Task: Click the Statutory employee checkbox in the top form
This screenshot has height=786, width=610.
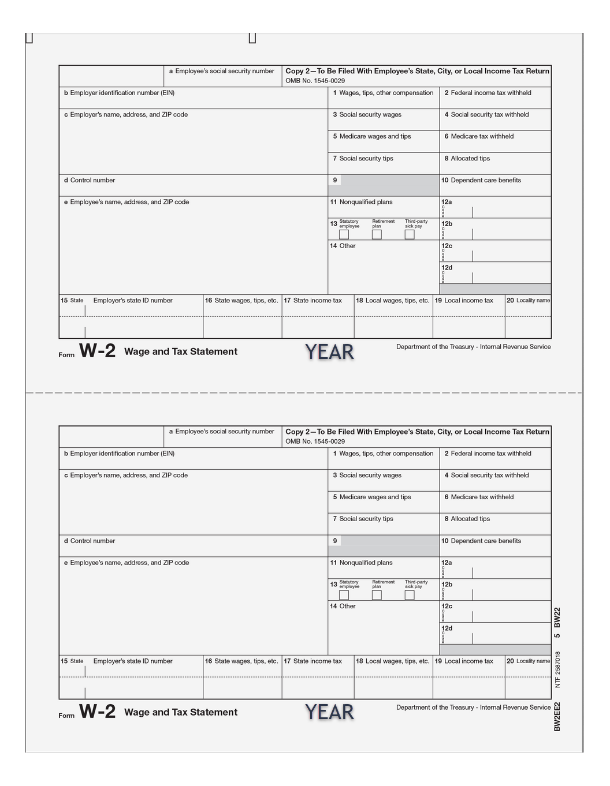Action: [x=344, y=234]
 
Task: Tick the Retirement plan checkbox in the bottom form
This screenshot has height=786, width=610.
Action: [x=377, y=595]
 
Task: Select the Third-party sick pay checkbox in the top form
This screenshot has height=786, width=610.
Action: [x=410, y=234]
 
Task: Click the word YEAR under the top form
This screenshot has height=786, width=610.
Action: [x=329, y=352]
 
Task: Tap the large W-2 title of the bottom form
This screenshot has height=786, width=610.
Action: [x=97, y=712]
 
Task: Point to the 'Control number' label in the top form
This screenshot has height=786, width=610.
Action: [x=92, y=181]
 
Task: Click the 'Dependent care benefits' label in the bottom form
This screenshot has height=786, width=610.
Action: [x=485, y=541]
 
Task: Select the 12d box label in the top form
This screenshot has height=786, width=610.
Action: [x=447, y=268]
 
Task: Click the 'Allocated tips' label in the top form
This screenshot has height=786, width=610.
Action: [x=470, y=159]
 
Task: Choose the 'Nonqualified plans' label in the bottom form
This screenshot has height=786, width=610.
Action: [x=366, y=563]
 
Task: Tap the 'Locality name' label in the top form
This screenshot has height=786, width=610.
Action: [x=533, y=301]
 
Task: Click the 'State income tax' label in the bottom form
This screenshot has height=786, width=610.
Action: [x=317, y=661]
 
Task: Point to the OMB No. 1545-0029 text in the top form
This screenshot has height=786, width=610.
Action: [x=315, y=81]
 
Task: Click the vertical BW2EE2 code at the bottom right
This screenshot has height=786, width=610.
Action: [x=557, y=716]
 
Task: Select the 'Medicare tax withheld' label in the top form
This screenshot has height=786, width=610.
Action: [x=482, y=137]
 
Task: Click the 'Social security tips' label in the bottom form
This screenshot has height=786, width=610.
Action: [x=366, y=519]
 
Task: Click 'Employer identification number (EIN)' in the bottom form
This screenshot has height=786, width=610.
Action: [x=122, y=454]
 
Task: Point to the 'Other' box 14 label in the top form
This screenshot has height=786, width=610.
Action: [x=347, y=246]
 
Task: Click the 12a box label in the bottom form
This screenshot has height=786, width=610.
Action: [x=447, y=563]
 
